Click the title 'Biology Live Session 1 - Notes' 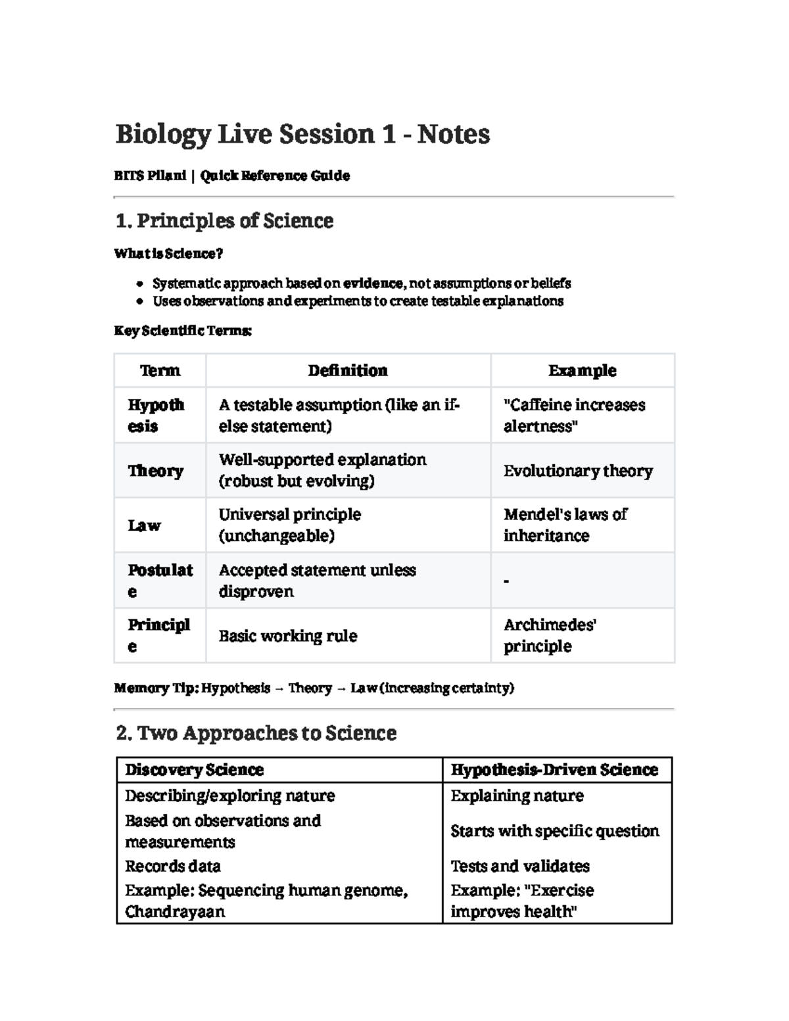(x=302, y=134)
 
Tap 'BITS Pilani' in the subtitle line (x=150, y=176)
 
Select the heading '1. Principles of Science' (x=224, y=221)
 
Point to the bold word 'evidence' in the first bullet (x=373, y=283)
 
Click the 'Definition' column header (x=348, y=371)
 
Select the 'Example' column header (x=582, y=371)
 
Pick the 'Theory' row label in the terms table (x=156, y=471)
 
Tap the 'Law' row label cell (x=144, y=525)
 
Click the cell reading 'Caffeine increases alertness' (x=574, y=416)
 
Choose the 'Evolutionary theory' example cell (x=578, y=471)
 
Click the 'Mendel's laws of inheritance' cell (x=565, y=525)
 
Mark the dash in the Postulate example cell (x=506, y=581)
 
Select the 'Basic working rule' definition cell (x=288, y=636)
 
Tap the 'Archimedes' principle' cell (x=550, y=635)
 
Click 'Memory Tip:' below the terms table (x=156, y=688)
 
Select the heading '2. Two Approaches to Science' (x=256, y=733)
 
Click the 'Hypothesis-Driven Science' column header (x=554, y=770)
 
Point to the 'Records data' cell (x=173, y=866)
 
